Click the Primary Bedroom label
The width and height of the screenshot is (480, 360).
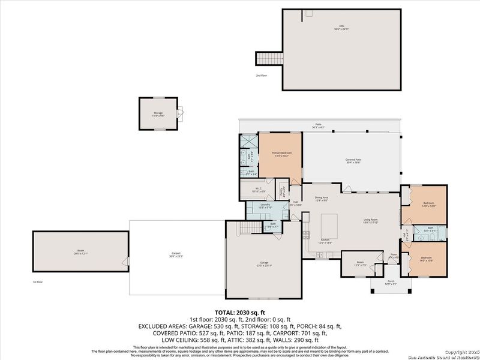(280, 154)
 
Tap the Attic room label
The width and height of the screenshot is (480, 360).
(341, 28)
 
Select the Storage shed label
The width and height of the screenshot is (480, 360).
(158, 113)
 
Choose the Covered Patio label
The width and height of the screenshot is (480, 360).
(353, 161)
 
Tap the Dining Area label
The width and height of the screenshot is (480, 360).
(322, 199)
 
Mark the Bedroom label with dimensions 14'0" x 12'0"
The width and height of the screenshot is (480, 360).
(428, 205)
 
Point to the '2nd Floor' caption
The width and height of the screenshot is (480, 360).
(261, 76)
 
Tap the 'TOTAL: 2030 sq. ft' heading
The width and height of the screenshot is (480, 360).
(240, 313)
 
